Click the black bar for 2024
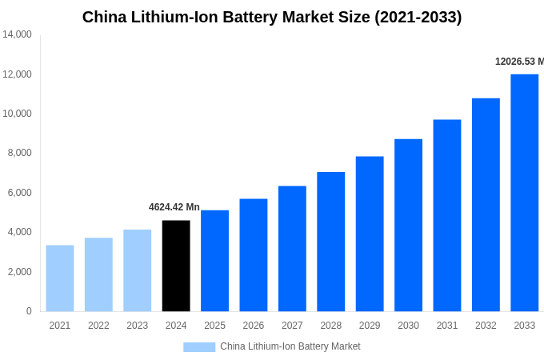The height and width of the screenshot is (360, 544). click(176, 266)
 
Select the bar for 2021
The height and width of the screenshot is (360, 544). click(60, 278)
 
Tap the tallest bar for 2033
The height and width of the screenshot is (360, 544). click(524, 193)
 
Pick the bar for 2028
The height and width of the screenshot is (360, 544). click(330, 242)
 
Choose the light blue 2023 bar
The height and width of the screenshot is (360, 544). click(138, 270)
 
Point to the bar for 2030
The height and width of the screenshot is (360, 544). click(408, 226)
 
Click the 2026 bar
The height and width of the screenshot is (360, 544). click(254, 255)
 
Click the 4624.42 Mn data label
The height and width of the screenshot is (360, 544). click(174, 207)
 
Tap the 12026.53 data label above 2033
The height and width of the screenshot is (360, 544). click(519, 62)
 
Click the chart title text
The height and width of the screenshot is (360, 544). click(272, 17)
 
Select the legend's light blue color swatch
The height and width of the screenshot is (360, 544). click(199, 346)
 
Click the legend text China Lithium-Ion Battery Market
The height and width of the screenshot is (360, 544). click(290, 346)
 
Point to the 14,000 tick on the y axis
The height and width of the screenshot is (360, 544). click(17, 34)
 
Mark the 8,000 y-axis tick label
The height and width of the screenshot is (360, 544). click(20, 153)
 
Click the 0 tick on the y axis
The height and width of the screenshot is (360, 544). click(29, 311)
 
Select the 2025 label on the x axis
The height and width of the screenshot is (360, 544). click(214, 326)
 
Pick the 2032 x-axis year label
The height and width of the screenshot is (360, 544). click(486, 326)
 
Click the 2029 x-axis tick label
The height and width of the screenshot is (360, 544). click(370, 326)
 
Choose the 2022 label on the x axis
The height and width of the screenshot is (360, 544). click(98, 326)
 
